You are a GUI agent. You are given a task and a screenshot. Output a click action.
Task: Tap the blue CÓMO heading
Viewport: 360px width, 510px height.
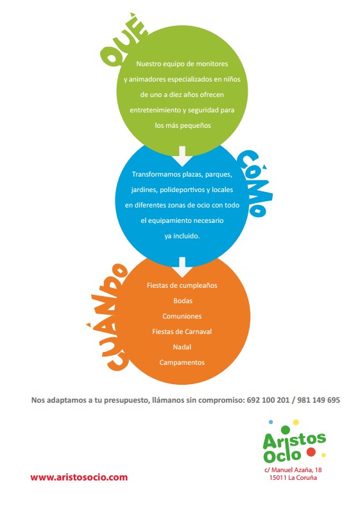point(255,183)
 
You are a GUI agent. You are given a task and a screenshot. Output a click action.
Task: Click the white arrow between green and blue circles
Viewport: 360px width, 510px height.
point(182,156)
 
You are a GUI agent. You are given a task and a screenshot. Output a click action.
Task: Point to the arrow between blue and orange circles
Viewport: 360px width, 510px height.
point(182,267)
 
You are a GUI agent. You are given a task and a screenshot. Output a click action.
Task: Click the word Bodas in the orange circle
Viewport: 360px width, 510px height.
point(183,301)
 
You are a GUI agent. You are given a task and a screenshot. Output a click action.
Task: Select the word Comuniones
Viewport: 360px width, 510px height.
point(182,316)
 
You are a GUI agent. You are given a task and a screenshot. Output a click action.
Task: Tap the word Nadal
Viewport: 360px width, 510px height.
point(182,347)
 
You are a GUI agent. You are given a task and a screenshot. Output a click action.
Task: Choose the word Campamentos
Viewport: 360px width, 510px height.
point(182,362)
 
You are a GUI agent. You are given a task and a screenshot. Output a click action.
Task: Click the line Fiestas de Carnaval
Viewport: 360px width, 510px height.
point(182,331)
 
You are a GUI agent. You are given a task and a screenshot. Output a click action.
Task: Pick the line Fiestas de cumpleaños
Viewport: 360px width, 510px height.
point(182,286)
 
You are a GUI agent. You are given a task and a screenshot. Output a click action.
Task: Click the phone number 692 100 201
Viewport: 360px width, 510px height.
point(268,400)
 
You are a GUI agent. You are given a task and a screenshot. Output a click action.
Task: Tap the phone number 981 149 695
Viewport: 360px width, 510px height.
point(318,400)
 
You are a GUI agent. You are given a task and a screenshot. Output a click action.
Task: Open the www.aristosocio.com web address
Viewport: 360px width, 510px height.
point(79,477)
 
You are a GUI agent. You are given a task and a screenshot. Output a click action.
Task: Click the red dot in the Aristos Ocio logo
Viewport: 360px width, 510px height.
point(311,452)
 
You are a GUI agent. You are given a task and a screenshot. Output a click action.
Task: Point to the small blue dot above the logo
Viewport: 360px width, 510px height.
point(271,422)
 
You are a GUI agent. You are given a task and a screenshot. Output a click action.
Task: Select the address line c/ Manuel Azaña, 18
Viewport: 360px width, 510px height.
point(293,470)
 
